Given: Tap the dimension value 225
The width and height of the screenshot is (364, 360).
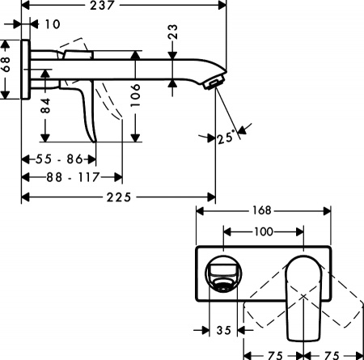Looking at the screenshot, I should pos(120,197).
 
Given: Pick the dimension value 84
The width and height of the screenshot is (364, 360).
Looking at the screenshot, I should pos(45,104).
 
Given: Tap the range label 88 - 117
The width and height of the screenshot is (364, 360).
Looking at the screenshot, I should pos(72,176).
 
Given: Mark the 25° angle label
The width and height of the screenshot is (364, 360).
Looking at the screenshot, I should pos(226,138).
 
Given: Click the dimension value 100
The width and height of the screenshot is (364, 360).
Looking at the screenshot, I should pos(263,231).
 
